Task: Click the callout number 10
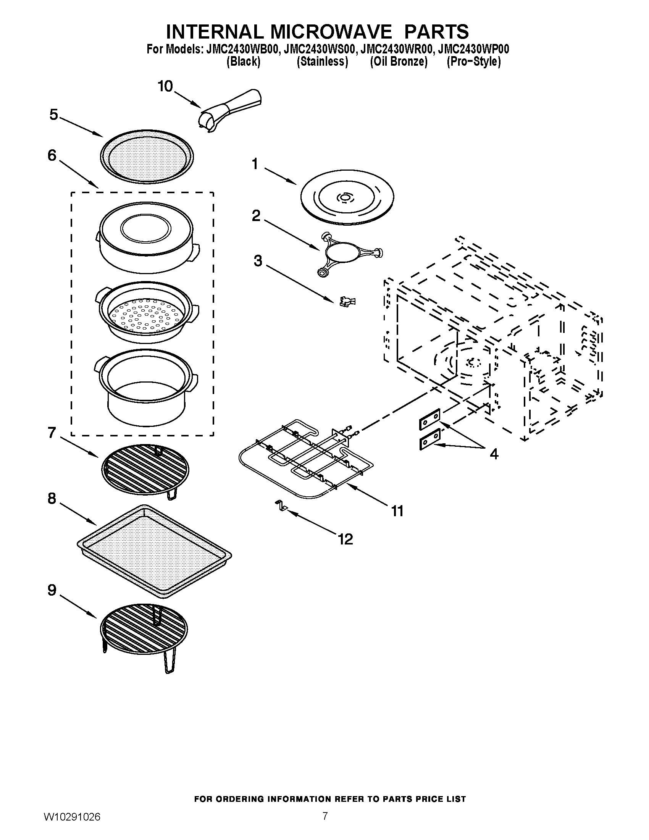tap(165, 87)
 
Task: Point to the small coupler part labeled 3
tap(347, 301)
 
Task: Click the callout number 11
tap(397, 511)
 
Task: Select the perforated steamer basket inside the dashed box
tap(146, 313)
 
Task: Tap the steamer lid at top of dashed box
tap(145, 237)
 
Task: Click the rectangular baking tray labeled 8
tap(154, 551)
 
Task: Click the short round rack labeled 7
tap(145, 470)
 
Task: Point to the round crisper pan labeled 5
tap(147, 157)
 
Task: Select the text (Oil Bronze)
tap(399, 61)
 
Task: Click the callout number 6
tap(52, 155)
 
